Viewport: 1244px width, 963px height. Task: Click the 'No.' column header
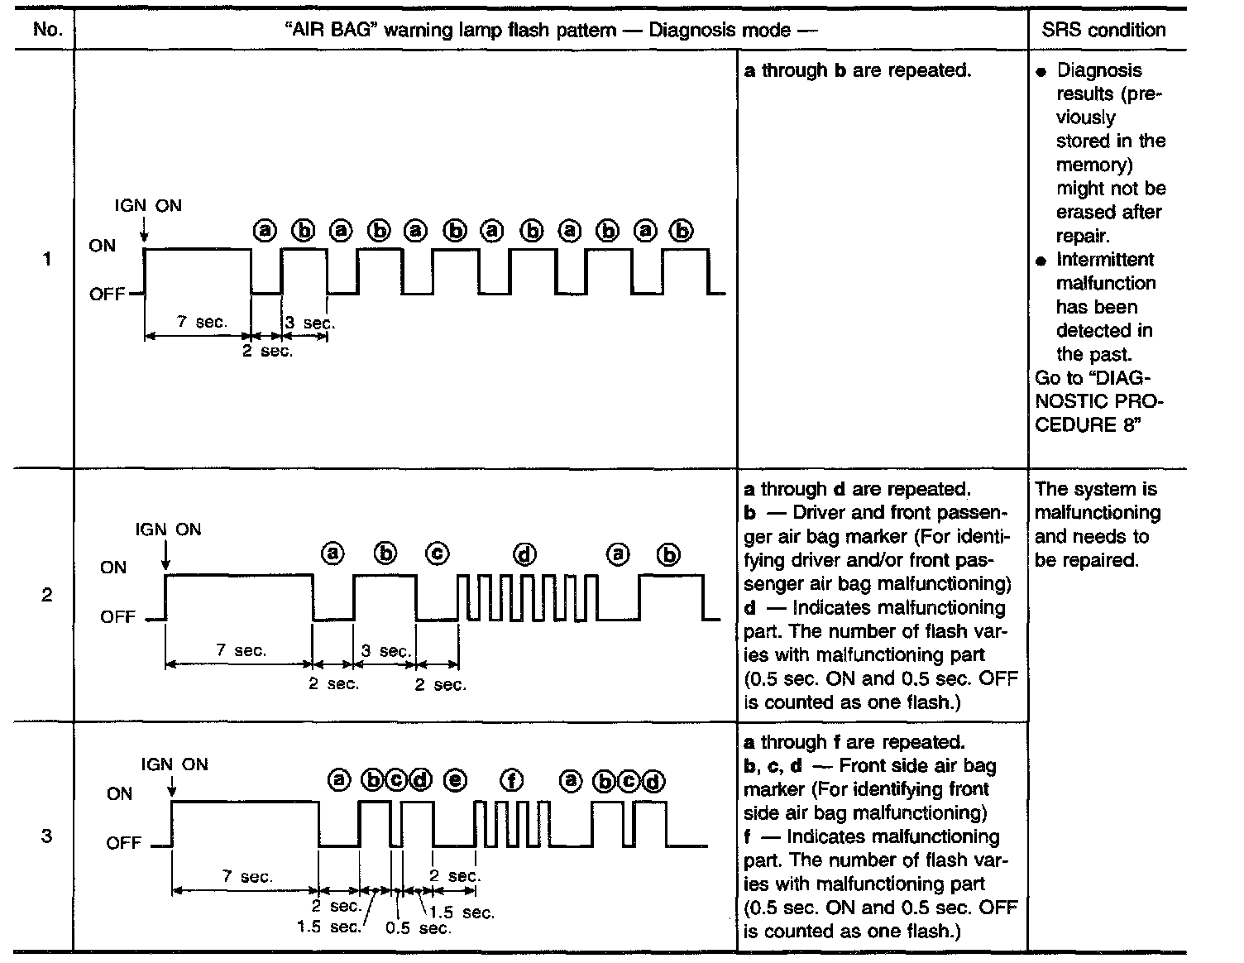[48, 30]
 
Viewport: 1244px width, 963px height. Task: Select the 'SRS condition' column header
[1103, 30]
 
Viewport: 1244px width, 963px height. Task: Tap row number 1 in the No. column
[47, 259]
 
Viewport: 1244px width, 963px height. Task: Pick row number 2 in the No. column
[47, 594]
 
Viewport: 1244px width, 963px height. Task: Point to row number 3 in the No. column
[47, 836]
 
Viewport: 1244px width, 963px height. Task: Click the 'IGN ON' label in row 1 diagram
[148, 205]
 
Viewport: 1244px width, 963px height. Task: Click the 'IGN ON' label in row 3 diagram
[175, 764]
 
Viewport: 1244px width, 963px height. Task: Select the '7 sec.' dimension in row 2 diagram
[242, 650]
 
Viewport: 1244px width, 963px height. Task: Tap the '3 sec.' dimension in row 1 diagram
[309, 323]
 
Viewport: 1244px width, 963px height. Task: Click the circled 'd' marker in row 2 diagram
[524, 553]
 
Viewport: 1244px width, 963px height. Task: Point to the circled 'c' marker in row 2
[438, 553]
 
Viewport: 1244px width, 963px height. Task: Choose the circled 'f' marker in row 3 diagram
[512, 780]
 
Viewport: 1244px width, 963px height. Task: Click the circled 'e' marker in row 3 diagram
[455, 780]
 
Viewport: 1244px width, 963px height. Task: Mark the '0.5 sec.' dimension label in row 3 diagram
[419, 928]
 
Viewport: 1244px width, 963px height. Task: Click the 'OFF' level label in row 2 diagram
[117, 617]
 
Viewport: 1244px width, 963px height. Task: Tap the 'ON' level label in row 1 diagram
[103, 246]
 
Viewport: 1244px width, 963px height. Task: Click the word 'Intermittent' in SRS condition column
[1105, 260]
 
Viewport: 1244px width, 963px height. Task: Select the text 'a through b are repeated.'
[857, 70]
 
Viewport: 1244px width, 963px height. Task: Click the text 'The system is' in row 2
[1096, 489]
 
